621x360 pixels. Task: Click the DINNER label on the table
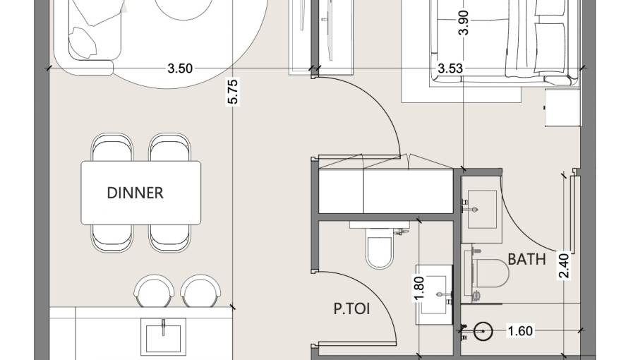pos(135,193)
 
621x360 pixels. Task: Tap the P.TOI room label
pos(352,308)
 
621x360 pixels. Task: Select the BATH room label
pos(527,259)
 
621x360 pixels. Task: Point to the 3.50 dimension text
pos(180,68)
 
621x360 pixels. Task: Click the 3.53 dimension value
pos(450,68)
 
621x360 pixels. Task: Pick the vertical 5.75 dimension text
pos(233,92)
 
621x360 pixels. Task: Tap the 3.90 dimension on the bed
pos(464,23)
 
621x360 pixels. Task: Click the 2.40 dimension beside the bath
pos(563,266)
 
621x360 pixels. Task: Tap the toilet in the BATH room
pos(490,274)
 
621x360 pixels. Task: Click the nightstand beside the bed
pos(562,107)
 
